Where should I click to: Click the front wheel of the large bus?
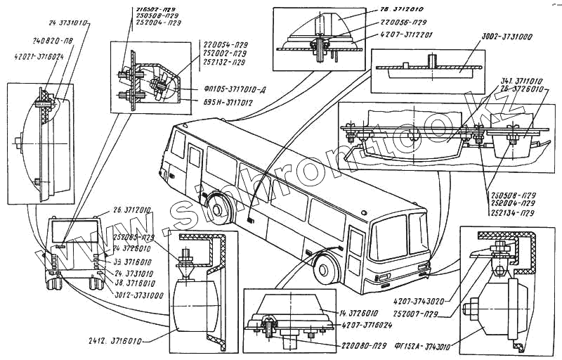click(324, 269)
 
